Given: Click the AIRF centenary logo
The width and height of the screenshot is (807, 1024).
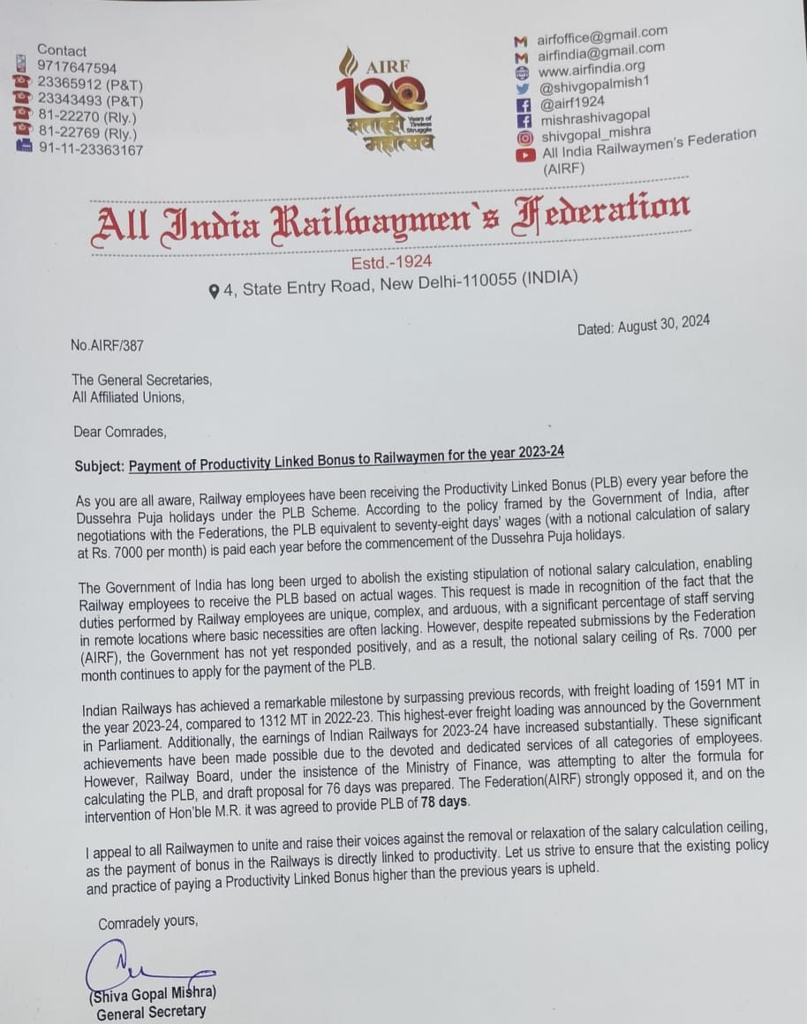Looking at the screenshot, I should [x=383, y=100].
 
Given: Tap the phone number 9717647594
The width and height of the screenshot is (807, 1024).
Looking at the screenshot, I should [x=77, y=67].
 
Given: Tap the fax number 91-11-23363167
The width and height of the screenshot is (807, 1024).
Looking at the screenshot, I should [x=90, y=150].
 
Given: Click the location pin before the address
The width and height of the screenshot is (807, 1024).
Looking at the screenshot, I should [x=214, y=290].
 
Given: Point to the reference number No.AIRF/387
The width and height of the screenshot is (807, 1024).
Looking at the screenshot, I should [x=107, y=346].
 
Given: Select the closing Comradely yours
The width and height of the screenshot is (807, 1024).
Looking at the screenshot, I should [x=147, y=923].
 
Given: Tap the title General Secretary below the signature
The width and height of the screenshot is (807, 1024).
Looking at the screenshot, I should [x=151, y=1013].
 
